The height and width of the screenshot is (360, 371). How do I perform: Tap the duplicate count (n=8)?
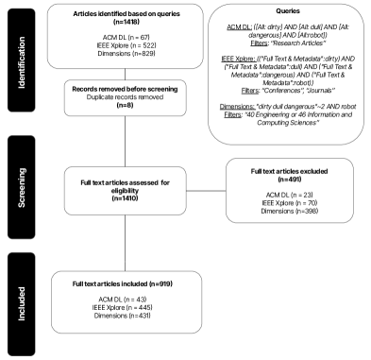click(111, 107)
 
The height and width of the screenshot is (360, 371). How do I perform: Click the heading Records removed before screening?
click(111, 89)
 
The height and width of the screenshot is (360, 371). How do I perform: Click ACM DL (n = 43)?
click(111, 298)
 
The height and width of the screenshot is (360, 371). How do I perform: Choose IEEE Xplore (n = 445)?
click(111, 307)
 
